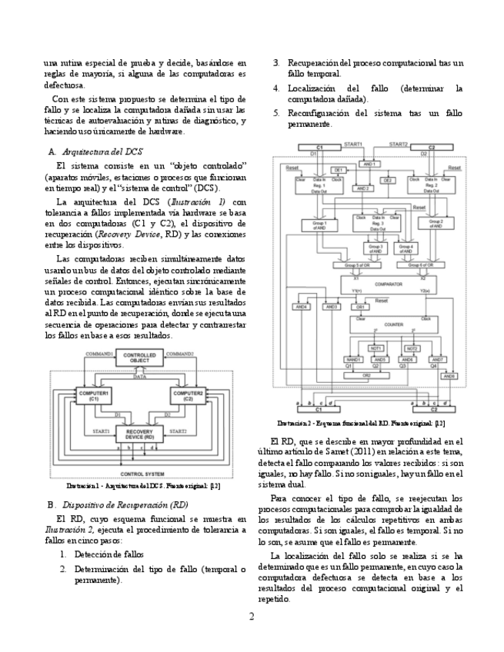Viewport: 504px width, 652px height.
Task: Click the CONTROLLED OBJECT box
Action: [x=139, y=358]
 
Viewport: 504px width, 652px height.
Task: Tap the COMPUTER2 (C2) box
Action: [x=187, y=396]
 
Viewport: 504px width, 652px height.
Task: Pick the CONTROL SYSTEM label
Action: [x=142, y=474]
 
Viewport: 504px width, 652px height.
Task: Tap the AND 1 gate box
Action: [x=370, y=164]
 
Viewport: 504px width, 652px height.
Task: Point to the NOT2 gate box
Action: [x=412, y=348]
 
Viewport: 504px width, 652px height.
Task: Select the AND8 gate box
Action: [x=450, y=376]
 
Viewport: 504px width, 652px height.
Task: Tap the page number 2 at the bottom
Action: [x=252, y=616]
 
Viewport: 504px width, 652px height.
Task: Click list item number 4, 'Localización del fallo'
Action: [x=375, y=94]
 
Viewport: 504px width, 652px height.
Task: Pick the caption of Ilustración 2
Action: [x=361, y=422]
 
